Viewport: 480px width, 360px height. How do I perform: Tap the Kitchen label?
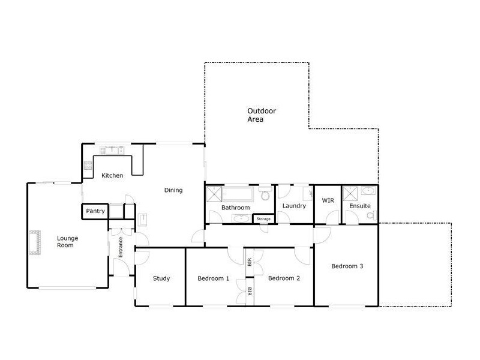click(x=112, y=176)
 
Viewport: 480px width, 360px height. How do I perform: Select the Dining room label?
click(x=173, y=190)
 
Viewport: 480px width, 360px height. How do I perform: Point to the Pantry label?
click(x=95, y=211)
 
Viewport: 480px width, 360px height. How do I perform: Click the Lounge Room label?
click(x=68, y=242)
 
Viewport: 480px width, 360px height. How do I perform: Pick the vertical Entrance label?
click(x=120, y=247)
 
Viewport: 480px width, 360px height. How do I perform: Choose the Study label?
click(x=161, y=278)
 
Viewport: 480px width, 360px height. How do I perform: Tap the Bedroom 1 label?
click(x=214, y=278)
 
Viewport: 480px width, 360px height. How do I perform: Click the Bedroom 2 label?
click(x=284, y=278)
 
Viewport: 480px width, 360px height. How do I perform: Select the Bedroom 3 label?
click(x=347, y=266)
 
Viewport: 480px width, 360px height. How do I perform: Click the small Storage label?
click(x=264, y=219)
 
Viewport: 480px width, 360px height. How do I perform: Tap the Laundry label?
click(x=294, y=206)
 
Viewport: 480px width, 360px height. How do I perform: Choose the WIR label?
click(x=328, y=200)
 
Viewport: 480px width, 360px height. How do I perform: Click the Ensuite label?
click(x=360, y=206)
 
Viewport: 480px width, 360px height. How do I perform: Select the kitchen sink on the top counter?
click(x=110, y=149)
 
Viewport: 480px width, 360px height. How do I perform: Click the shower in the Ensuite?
click(x=349, y=194)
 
